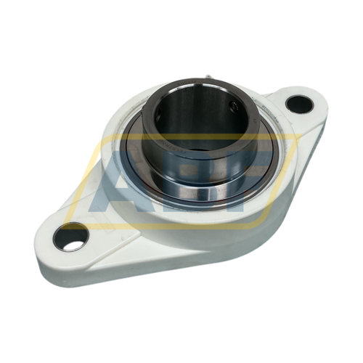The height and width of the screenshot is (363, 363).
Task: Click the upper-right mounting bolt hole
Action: (x=299, y=103)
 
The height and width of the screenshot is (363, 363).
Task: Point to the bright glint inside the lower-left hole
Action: (x=73, y=243)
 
